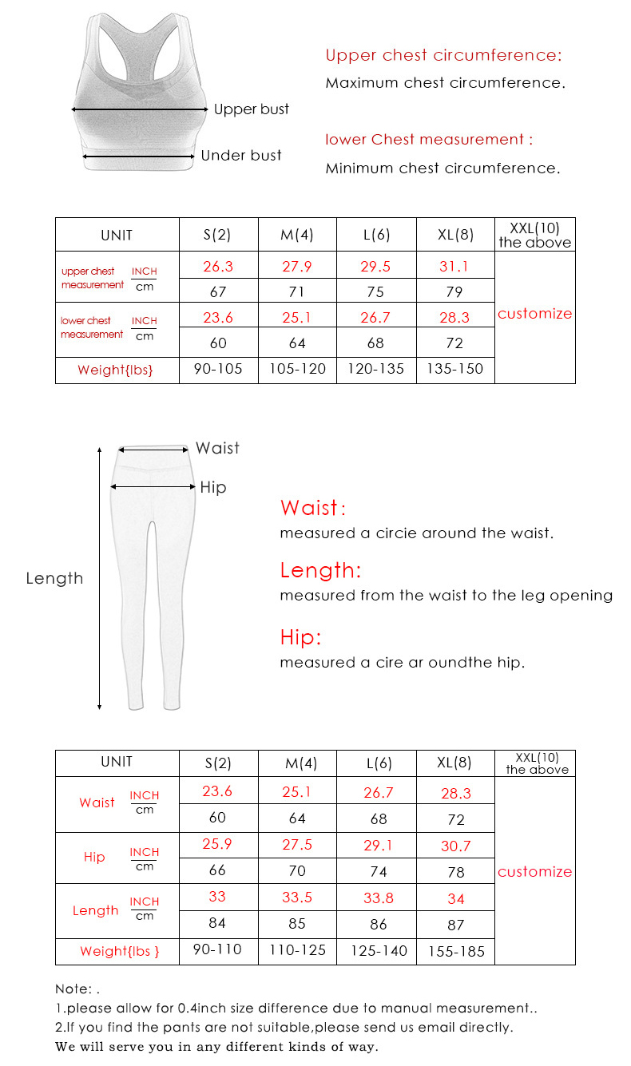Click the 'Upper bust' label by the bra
(x=251, y=109)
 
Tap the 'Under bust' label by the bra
(x=241, y=156)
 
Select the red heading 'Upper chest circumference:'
(x=443, y=55)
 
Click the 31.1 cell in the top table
(x=454, y=267)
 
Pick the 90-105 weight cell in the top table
(x=218, y=369)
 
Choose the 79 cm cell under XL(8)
(x=454, y=292)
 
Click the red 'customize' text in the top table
(x=534, y=314)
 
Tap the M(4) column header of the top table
(x=297, y=236)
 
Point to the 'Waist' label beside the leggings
(x=217, y=449)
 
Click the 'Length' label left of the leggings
(x=54, y=579)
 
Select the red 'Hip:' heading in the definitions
(x=300, y=637)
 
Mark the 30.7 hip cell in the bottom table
(x=456, y=846)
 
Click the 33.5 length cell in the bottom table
(x=297, y=898)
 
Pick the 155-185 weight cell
(x=456, y=951)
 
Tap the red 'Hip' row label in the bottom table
(x=94, y=858)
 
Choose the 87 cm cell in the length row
(x=456, y=925)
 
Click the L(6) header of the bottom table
(x=379, y=763)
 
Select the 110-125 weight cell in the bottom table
(x=297, y=950)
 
